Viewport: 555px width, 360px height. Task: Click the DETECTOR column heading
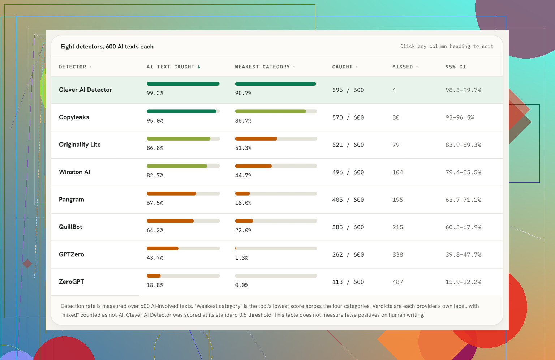pyautogui.click(x=72, y=67)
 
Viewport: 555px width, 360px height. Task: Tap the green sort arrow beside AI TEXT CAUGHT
pyautogui.click(x=199, y=67)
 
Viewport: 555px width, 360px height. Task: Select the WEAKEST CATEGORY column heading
pyautogui.click(x=262, y=67)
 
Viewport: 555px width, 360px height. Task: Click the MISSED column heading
pyautogui.click(x=403, y=67)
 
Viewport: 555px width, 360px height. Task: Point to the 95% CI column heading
pyautogui.click(x=456, y=67)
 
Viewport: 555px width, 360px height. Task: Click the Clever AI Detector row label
pyautogui.click(x=86, y=90)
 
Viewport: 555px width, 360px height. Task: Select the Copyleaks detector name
pyautogui.click(x=74, y=117)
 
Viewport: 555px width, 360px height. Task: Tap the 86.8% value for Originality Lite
pyautogui.click(x=155, y=148)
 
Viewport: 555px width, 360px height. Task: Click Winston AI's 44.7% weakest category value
pyautogui.click(x=243, y=176)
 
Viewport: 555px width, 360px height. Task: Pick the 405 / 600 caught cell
pyautogui.click(x=348, y=200)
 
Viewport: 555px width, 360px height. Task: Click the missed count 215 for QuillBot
pyautogui.click(x=398, y=227)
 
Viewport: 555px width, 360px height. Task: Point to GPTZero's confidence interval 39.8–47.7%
pyautogui.click(x=463, y=254)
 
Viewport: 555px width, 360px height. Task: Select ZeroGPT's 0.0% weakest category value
pyautogui.click(x=242, y=285)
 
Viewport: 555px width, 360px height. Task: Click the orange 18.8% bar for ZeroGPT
pyautogui.click(x=154, y=276)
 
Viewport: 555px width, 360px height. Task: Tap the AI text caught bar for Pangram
pyautogui.click(x=171, y=193)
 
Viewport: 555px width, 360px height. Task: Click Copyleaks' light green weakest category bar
pyautogui.click(x=271, y=111)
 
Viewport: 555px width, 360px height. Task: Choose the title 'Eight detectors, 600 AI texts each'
pyautogui.click(x=107, y=47)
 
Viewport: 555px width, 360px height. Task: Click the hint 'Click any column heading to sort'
pyautogui.click(x=447, y=46)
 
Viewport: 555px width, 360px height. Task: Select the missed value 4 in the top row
pyautogui.click(x=394, y=90)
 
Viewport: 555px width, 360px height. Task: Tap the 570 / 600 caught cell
pyautogui.click(x=348, y=117)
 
